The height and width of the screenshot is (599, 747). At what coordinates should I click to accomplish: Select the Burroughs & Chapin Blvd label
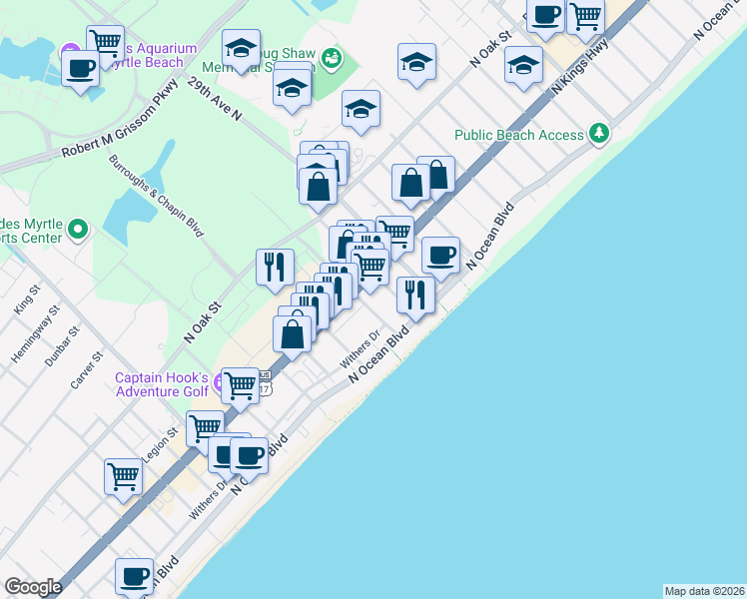point(157,196)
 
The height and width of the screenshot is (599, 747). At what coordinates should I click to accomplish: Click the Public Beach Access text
point(519,135)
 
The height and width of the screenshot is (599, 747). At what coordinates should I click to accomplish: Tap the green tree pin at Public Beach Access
point(598,133)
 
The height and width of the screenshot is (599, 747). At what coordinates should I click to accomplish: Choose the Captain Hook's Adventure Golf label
point(162,384)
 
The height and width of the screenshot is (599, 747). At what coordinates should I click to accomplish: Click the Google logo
point(33,587)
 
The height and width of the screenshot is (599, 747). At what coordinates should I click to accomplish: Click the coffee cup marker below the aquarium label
point(80,68)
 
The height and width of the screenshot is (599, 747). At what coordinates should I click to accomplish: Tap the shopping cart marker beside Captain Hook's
point(240,384)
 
